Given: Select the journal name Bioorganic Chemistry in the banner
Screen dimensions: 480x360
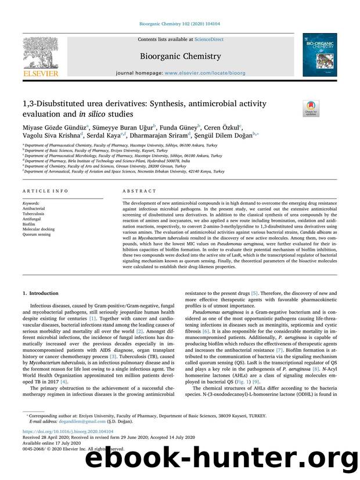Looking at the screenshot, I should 181,56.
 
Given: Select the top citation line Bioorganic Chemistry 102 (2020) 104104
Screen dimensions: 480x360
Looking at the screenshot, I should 179,24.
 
